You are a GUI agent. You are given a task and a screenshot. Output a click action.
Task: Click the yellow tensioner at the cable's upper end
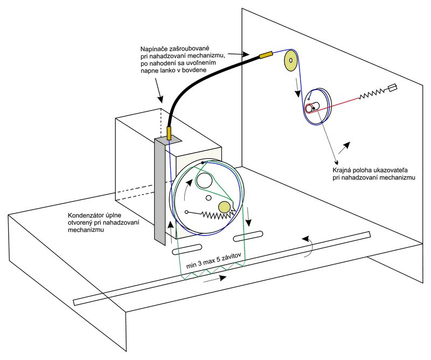click(266, 54)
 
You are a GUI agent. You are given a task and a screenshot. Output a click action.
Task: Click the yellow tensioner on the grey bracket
click(169, 133)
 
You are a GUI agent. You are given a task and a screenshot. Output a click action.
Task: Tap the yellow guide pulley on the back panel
click(291, 60)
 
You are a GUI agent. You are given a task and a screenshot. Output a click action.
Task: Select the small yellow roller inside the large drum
click(224, 207)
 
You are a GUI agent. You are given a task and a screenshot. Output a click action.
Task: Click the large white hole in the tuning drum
click(204, 181)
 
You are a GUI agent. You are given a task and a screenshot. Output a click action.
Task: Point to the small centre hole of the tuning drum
click(208, 198)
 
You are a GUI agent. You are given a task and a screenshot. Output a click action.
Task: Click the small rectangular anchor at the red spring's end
click(393, 87)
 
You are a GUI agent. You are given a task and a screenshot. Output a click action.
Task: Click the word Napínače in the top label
click(154, 49)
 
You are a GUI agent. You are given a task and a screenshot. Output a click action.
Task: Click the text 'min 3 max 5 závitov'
click(213, 260)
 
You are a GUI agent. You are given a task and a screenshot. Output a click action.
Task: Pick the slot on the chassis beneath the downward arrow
click(248, 236)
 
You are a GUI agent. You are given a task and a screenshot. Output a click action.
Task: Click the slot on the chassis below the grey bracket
click(187, 249)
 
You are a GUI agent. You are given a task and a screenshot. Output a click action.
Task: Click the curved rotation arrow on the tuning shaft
click(309, 246)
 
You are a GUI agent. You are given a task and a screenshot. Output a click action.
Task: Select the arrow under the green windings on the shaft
click(214, 279)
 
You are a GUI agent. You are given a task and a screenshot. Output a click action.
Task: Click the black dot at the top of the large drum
click(203, 163)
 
